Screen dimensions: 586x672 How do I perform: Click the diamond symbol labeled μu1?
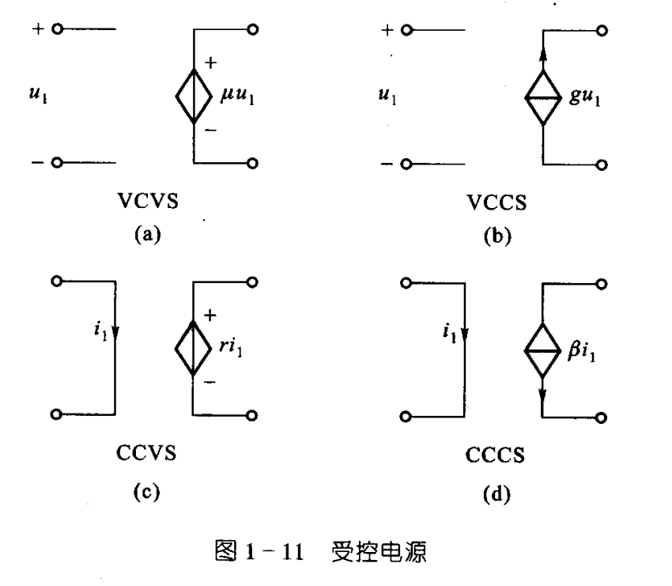[x=193, y=96]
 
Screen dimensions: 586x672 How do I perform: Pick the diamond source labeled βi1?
[x=543, y=349]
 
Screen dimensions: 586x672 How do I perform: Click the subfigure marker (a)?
[x=146, y=233]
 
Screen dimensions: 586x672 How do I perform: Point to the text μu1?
[x=239, y=96]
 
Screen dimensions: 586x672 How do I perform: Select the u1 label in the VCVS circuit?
[x=34, y=96]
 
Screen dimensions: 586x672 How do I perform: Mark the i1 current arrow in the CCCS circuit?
[x=465, y=332]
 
